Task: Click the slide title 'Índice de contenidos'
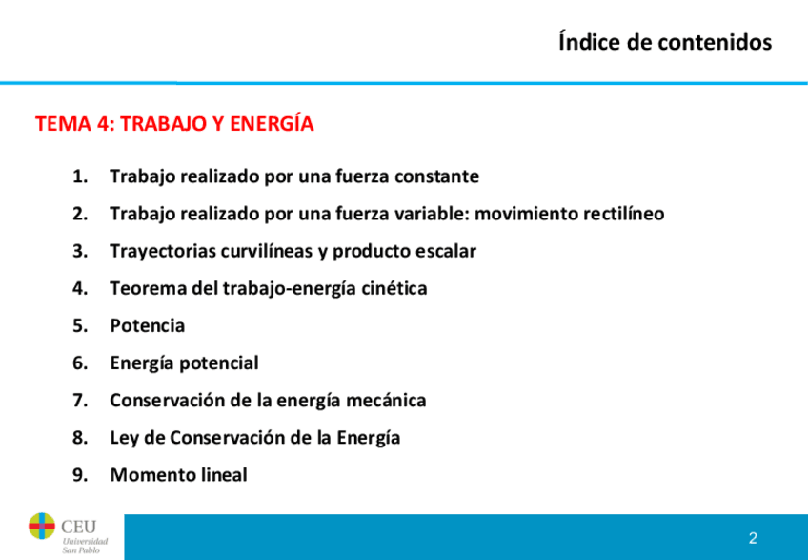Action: click(x=665, y=42)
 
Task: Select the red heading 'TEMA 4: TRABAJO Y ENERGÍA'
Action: click(x=174, y=123)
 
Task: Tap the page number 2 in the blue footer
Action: click(x=753, y=538)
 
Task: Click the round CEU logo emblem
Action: click(x=42, y=526)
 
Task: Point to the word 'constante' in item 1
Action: click(x=437, y=176)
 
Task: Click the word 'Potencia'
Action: click(x=148, y=325)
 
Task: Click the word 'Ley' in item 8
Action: click(x=124, y=438)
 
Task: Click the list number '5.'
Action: click(x=80, y=325)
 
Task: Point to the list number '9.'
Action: click(x=80, y=475)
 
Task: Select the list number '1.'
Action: click(x=80, y=176)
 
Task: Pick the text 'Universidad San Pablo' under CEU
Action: click(x=85, y=546)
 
